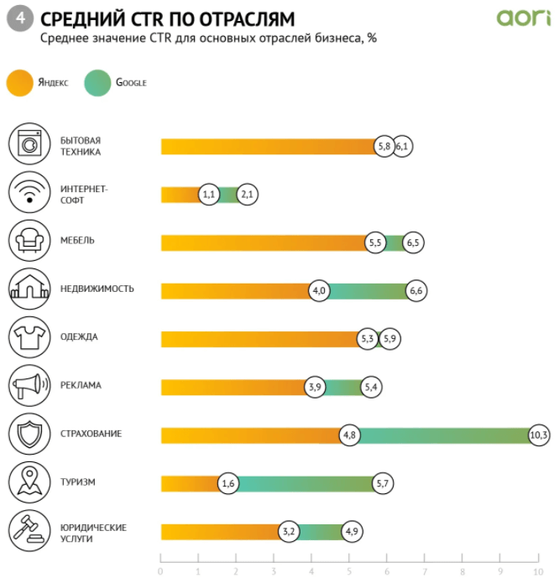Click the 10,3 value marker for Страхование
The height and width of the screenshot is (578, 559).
coord(539,435)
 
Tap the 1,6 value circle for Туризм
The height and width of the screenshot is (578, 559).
coord(228,483)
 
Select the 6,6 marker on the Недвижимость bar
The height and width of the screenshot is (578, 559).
coord(416,290)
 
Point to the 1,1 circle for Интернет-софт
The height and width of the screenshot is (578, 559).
coord(210,195)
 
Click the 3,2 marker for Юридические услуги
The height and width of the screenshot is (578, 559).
coord(289,532)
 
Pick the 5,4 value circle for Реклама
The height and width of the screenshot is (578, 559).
coord(372,387)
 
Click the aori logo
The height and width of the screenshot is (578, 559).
coord(523,17)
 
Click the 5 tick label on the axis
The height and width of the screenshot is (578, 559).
coord(349,570)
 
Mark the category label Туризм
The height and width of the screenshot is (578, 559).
coord(78,482)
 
